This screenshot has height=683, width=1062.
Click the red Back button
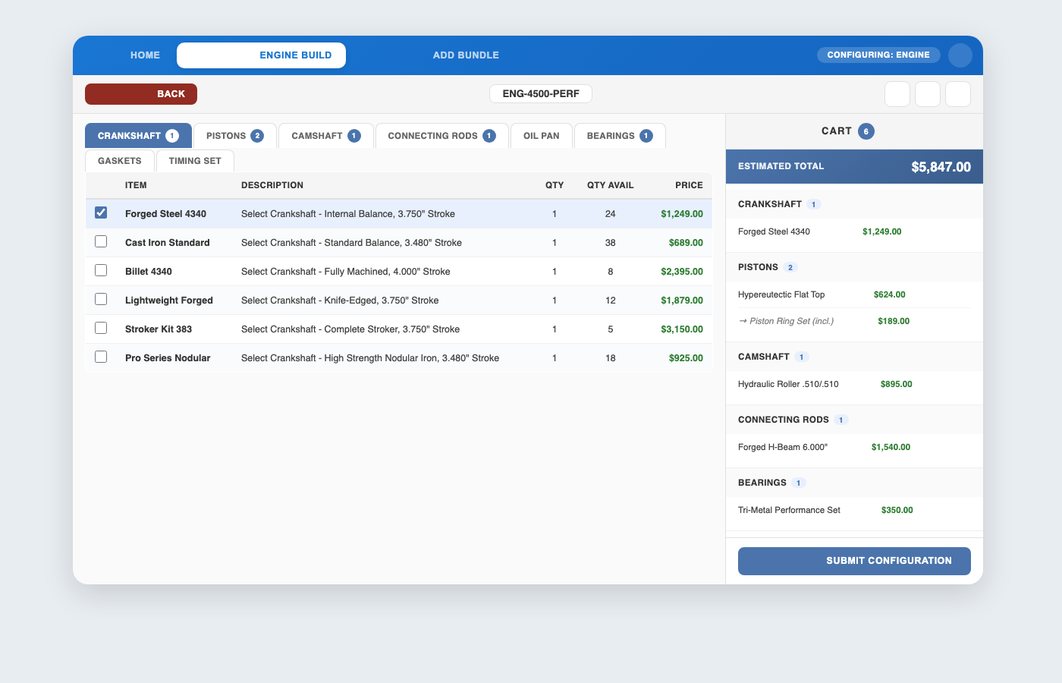coord(141,94)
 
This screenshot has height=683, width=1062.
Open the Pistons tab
coord(234,136)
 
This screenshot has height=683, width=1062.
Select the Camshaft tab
coord(325,136)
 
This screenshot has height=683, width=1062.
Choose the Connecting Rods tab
coord(441,136)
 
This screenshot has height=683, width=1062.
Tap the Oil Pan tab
coord(541,136)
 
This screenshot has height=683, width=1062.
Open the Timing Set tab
coord(195,161)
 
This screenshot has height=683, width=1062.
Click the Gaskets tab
coord(120,161)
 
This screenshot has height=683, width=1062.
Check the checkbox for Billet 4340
coord(101,271)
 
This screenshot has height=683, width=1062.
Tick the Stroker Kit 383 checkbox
coord(101,329)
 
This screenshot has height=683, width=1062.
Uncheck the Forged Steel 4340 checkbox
coord(101,213)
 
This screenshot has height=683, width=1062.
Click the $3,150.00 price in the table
coord(681,329)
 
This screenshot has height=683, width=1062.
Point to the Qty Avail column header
coord(610,185)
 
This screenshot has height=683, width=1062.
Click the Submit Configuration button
coord(854,561)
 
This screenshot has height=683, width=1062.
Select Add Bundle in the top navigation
coord(466,55)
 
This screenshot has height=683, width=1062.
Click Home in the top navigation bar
coord(145,55)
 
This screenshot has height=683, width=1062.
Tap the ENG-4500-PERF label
coord(541,94)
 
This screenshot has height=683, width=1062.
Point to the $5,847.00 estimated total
coord(941,167)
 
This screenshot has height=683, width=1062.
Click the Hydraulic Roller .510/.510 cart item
coord(788,384)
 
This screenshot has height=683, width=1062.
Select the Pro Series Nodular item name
coord(168,358)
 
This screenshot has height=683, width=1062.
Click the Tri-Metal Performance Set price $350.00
coord(897,510)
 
